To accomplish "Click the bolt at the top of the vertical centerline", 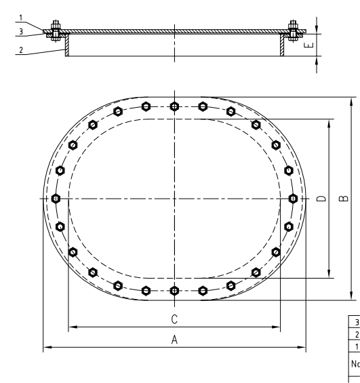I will pyautogui.click(x=175, y=106).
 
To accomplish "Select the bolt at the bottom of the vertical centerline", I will pyautogui.click(x=175, y=291).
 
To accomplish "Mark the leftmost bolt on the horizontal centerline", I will pyautogui.click(x=56, y=198).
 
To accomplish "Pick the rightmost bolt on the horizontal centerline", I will pyautogui.click(x=293, y=198).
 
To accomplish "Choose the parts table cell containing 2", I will pyautogui.click(x=353, y=334).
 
